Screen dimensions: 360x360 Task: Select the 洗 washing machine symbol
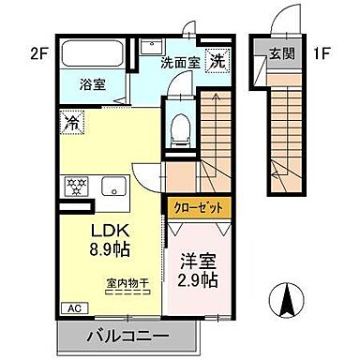(x=217, y=58)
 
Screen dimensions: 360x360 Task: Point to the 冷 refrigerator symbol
(x=71, y=120)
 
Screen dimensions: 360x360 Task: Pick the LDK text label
(x=111, y=230)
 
